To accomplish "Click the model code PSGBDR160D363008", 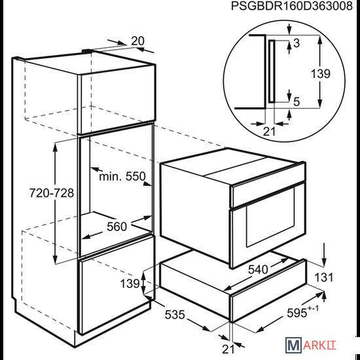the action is pos(291,6).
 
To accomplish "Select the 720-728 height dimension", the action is pos(52,193).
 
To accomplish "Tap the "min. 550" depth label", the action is pos(122,176).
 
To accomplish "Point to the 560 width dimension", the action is pos(117,226).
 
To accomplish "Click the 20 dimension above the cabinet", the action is pos(137,41).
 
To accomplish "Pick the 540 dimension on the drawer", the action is pos(258,269).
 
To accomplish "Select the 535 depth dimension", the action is pos(175,315).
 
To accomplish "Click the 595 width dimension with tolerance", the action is pos(302,312).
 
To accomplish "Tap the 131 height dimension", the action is pos(323,278).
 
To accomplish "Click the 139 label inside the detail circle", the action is pos(320,74).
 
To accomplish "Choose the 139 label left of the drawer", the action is pos(130,284).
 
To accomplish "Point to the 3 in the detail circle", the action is pos(297,43).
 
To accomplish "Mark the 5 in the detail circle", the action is pos(297,101).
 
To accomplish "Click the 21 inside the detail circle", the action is pos(269,132).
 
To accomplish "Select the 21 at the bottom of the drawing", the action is pos(228,349).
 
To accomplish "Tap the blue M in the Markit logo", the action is pos(293,345).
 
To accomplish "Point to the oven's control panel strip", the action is pos(268,194).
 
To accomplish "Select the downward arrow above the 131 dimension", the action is pos(324,255).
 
